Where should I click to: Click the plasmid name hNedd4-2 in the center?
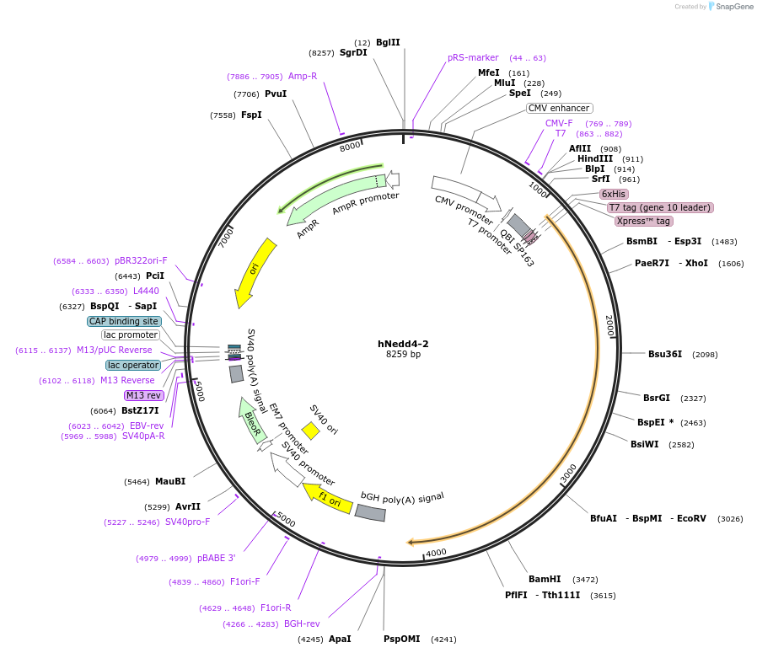(x=403, y=344)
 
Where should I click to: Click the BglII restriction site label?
(x=388, y=42)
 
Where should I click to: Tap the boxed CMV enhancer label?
(x=560, y=108)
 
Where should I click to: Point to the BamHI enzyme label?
(x=545, y=580)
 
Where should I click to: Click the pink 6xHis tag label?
(x=614, y=194)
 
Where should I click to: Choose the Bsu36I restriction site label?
(x=665, y=354)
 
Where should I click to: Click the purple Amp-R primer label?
(x=303, y=76)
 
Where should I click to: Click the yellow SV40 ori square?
(x=310, y=431)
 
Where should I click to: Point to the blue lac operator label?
(x=133, y=365)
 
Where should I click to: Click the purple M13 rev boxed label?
(x=143, y=395)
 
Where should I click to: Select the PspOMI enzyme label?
(x=401, y=639)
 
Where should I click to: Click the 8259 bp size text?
(x=403, y=355)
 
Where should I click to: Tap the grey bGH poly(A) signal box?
(x=371, y=511)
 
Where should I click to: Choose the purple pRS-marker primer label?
(x=473, y=58)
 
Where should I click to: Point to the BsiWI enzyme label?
(x=645, y=444)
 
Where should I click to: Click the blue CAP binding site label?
(x=124, y=321)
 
